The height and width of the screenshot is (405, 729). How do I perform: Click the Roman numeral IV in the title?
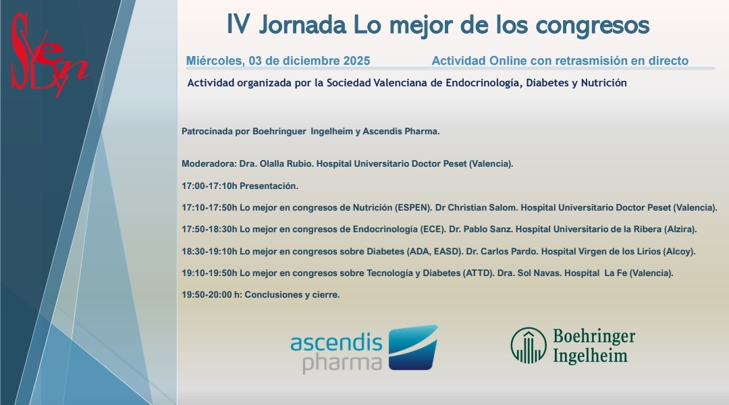click(239, 25)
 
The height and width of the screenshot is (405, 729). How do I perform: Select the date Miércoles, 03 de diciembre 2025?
click(278, 61)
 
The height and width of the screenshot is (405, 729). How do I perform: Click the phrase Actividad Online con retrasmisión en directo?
click(560, 61)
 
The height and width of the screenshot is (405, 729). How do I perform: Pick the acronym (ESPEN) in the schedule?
click(394, 207)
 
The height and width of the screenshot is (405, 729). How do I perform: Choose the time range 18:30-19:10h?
click(209, 251)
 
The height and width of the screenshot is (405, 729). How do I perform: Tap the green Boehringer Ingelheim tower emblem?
click(528, 346)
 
